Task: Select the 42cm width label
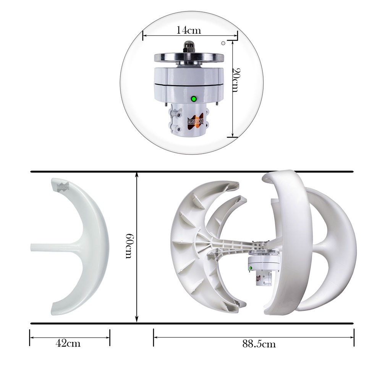pyautogui.click(x=68, y=343)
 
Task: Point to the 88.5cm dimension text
pyautogui.click(x=259, y=344)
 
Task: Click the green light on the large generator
pyautogui.click(x=194, y=99)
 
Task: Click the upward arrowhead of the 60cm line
pyautogui.click(x=137, y=175)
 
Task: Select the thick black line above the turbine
pyautogui.click(x=191, y=172)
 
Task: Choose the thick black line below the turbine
pyautogui.click(x=191, y=323)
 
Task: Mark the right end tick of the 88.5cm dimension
pyautogui.click(x=354, y=338)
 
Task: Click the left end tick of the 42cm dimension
pyautogui.click(x=30, y=338)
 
